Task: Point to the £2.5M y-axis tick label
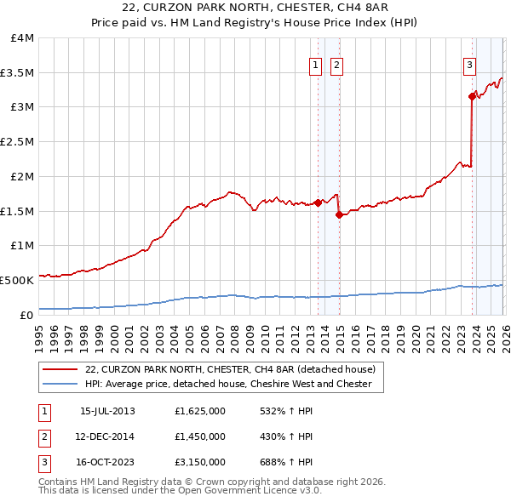[x=17, y=142]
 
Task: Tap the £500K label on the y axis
[x=17, y=280]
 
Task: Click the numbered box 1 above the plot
[x=315, y=65]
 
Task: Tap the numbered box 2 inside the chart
[x=336, y=65]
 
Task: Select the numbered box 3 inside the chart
[x=468, y=65]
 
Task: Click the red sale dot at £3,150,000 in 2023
[x=471, y=97]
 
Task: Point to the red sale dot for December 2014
[x=339, y=214]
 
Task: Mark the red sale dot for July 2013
[x=318, y=203]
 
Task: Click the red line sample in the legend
[x=61, y=369]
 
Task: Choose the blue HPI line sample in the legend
[x=61, y=384]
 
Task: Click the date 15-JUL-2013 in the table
[x=107, y=410]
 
